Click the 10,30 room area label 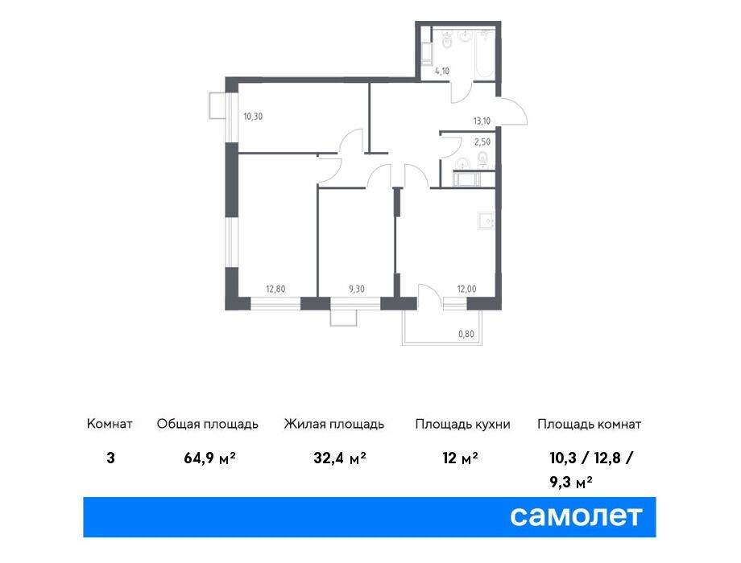(253, 117)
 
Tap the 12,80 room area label (275, 289)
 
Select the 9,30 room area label (357, 289)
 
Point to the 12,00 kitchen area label (466, 289)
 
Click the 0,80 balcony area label (466, 334)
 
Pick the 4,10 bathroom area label (442, 72)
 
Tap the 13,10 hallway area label (482, 121)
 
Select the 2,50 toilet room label (482, 142)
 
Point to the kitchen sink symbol (486, 221)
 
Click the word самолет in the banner (576, 516)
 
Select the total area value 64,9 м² (210, 458)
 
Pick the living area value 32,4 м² (340, 458)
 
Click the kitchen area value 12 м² (460, 458)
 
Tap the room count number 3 (110, 458)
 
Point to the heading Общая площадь (208, 424)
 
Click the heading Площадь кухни (462, 424)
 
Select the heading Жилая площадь (334, 424)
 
